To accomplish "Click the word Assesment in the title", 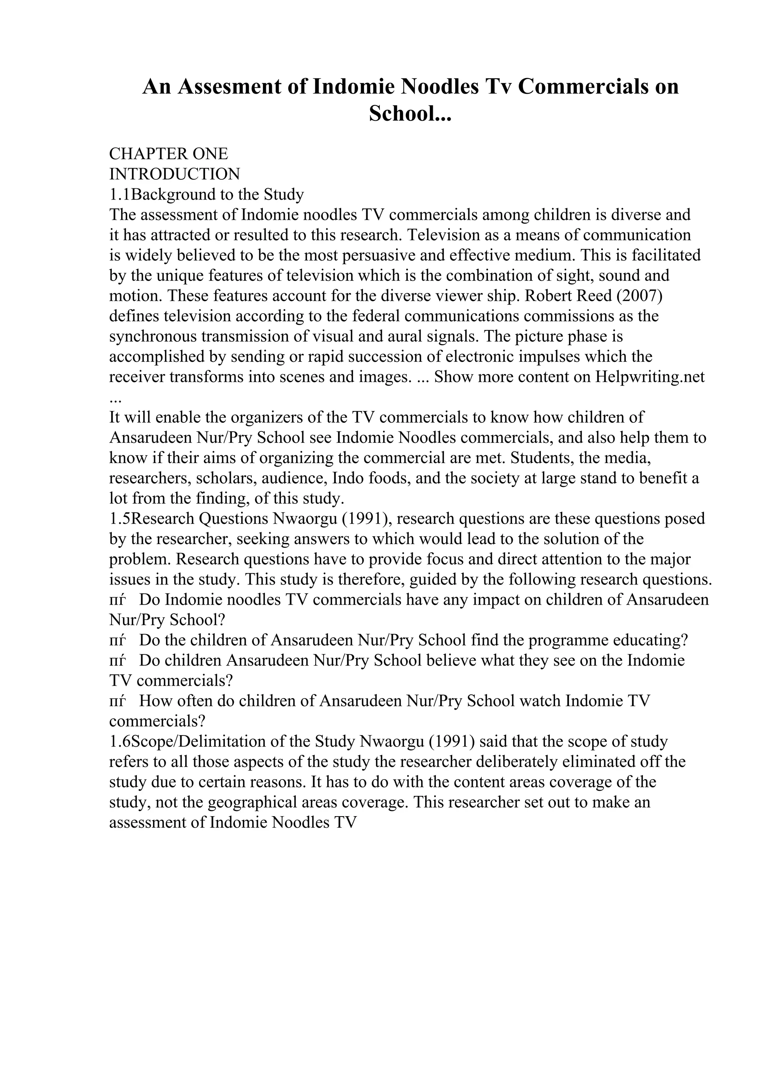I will [229, 87].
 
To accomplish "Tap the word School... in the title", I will [410, 114].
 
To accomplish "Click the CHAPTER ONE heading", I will [168, 153].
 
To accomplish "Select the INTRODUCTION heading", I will [175, 174].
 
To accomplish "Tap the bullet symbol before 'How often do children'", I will [117, 701].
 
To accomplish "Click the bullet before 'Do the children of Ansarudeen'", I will [117, 641].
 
